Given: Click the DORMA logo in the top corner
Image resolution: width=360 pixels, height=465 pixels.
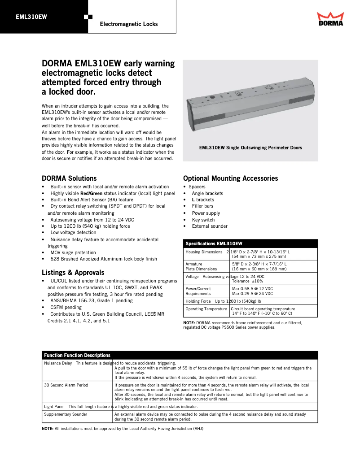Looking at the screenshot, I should click(x=330, y=19).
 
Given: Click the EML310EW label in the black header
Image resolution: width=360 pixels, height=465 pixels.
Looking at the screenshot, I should click(x=31, y=17).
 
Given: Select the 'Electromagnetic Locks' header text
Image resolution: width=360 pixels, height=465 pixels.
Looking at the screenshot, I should click(x=128, y=24).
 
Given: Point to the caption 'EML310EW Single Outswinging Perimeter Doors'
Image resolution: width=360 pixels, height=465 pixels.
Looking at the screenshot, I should click(x=250, y=148).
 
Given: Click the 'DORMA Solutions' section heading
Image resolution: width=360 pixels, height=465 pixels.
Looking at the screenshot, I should click(x=69, y=178).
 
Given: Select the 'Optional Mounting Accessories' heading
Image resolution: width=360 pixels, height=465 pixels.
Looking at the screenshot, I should click(x=230, y=178).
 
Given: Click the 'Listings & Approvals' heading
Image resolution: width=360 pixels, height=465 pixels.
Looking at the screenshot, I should click(x=73, y=272).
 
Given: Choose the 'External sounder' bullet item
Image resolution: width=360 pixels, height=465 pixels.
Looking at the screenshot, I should click(x=210, y=226).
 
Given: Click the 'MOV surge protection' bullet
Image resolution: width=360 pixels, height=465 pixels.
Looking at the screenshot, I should click(x=73, y=252).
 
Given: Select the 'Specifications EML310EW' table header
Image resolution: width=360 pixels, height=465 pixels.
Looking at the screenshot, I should click(x=214, y=243).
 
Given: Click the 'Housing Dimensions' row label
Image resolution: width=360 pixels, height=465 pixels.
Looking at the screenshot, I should click(x=204, y=252).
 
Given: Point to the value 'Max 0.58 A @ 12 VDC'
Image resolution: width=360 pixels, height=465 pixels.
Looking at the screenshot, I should click(x=252, y=288).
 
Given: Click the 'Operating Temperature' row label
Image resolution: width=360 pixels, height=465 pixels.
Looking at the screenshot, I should click(x=206, y=309).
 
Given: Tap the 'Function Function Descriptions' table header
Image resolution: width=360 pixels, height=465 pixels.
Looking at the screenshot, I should click(x=77, y=355).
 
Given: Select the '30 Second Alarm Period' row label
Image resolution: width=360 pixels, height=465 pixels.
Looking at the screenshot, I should click(x=66, y=385).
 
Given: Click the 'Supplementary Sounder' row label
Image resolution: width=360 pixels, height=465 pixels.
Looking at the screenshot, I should click(x=66, y=414).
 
